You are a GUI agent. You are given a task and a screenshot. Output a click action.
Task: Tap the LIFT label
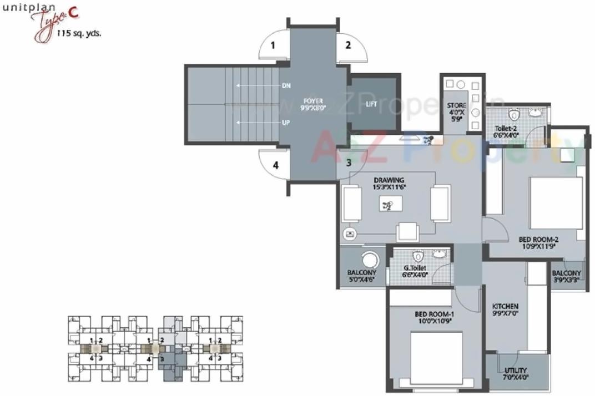371,104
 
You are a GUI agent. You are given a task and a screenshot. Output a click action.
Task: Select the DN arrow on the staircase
258,86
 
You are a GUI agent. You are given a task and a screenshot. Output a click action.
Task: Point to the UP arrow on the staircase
258,122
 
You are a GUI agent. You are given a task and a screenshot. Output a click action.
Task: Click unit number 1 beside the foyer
273,45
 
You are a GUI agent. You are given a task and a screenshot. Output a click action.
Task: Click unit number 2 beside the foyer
348,45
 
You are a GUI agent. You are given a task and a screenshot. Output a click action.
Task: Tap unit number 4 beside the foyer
275,165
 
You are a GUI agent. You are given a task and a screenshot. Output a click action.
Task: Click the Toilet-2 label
506,128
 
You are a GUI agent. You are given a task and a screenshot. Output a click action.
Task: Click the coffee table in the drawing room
391,205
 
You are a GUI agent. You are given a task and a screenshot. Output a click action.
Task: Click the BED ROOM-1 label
434,314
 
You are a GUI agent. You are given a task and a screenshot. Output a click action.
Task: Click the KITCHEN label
505,306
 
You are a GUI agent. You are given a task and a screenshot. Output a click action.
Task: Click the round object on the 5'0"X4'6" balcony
369,260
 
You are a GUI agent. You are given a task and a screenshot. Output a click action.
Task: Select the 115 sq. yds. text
79,33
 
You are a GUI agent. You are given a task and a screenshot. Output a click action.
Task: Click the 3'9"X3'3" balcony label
566,280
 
